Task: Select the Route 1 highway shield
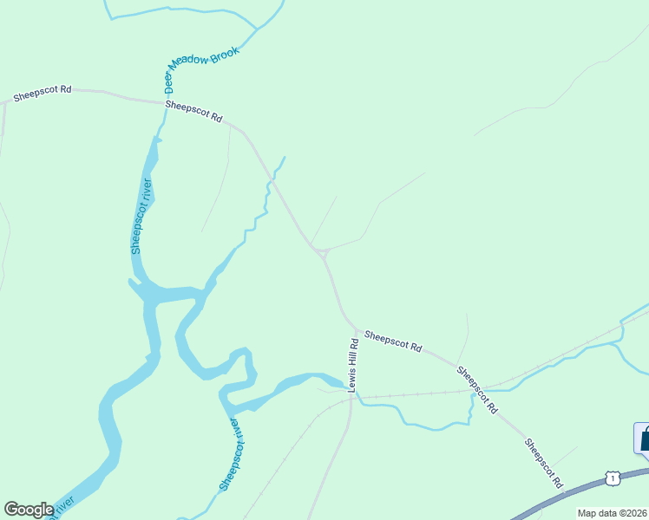pyautogui.click(x=613, y=478)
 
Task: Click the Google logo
pyautogui.click(x=29, y=510)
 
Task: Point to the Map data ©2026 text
pyautogui.click(x=612, y=513)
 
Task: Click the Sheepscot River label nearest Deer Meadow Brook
pyautogui.click(x=141, y=215)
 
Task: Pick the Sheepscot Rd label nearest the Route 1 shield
pyautogui.click(x=543, y=462)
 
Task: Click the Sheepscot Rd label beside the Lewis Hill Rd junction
pyautogui.click(x=392, y=341)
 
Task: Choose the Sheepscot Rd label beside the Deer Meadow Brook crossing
pyautogui.click(x=193, y=112)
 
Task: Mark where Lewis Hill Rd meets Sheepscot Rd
pyautogui.click(x=356, y=330)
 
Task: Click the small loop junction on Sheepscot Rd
pyautogui.click(x=322, y=252)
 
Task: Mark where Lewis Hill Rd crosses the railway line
pyautogui.click(x=352, y=398)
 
